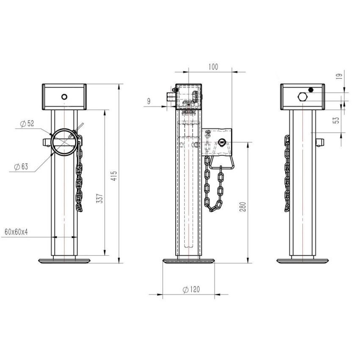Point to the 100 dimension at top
214,67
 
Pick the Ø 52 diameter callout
27,124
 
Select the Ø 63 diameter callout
21,166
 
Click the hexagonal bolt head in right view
302,97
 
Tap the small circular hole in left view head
64,97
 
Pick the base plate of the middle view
189,261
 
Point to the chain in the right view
287,174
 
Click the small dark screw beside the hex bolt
311,89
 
